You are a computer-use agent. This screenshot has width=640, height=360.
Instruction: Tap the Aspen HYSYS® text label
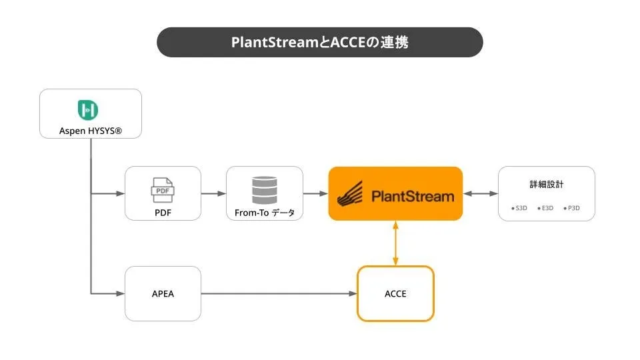click(91, 130)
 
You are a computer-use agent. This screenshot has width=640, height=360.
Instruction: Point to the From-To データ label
click(265, 213)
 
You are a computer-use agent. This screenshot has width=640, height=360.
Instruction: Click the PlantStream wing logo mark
click(351, 194)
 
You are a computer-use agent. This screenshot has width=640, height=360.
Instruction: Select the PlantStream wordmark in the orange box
click(412, 196)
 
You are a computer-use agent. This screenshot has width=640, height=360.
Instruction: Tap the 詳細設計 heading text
click(546, 185)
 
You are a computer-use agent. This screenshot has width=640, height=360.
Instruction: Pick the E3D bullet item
click(546, 208)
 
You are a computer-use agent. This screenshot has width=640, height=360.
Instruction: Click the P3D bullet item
click(572, 208)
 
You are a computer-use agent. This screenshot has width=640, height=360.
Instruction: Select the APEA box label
click(163, 293)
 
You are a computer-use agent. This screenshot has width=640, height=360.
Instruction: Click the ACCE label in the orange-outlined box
click(395, 293)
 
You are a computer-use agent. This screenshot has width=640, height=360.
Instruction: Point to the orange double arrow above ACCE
click(395, 243)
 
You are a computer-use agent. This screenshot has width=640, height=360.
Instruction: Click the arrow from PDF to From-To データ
click(213, 193)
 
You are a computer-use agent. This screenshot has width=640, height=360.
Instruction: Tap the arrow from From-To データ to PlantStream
click(315, 193)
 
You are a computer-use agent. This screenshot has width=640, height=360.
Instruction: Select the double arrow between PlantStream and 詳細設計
click(480, 193)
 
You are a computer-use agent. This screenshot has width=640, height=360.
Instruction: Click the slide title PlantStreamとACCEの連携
click(320, 42)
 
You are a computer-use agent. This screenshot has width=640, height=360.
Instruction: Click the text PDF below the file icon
click(163, 214)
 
